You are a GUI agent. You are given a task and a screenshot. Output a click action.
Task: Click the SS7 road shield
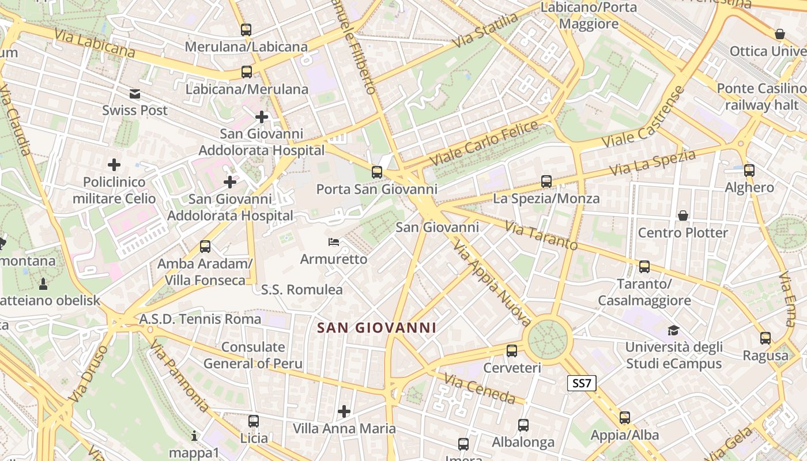(582, 383)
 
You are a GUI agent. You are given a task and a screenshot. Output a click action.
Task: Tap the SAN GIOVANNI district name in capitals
(377, 328)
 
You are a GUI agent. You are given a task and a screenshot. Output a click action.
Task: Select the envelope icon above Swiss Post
(135, 94)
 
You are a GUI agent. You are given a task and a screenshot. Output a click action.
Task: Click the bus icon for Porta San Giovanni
(377, 172)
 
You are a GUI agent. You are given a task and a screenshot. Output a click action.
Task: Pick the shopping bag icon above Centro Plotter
(683, 216)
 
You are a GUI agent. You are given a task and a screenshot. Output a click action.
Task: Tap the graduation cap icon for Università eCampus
(673, 330)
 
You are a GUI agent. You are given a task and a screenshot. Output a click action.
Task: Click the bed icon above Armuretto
(334, 241)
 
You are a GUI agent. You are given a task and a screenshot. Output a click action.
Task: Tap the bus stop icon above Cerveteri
(511, 350)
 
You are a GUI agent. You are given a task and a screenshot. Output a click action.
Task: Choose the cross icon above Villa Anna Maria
(344, 411)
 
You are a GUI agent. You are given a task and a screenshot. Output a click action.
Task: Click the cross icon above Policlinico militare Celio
(114, 165)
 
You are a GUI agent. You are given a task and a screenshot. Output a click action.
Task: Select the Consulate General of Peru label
(253, 355)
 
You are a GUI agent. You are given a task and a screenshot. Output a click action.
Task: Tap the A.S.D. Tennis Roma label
(200, 319)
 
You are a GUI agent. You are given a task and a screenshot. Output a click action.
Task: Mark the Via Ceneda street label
(480, 388)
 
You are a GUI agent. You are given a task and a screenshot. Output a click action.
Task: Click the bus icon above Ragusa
(765, 338)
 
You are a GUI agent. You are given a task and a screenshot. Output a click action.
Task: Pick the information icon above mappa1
(194, 436)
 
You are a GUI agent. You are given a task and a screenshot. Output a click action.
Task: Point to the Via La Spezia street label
(653, 163)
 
